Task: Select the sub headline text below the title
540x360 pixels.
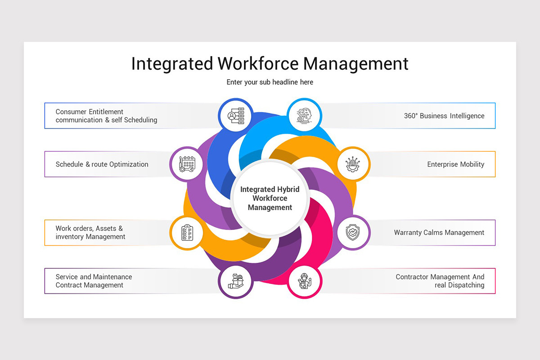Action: tap(270, 82)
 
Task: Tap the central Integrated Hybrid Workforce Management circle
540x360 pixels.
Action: tap(270, 198)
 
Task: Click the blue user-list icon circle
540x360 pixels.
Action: tap(235, 116)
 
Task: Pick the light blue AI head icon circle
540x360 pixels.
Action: tap(305, 116)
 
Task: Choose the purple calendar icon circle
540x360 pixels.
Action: tap(187, 164)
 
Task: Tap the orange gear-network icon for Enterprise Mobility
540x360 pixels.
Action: tap(353, 164)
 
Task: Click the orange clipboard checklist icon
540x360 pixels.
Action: tap(187, 233)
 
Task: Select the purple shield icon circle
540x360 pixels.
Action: tap(353, 233)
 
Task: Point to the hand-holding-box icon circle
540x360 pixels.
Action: tap(235, 281)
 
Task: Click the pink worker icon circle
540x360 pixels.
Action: tap(305, 281)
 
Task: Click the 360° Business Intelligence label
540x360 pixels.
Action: tap(444, 116)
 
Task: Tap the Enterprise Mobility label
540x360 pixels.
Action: tap(455, 164)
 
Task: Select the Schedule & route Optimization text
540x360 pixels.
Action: tap(102, 164)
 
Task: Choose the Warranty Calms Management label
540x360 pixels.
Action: tap(439, 233)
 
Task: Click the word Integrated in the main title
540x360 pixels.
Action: tap(172, 63)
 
